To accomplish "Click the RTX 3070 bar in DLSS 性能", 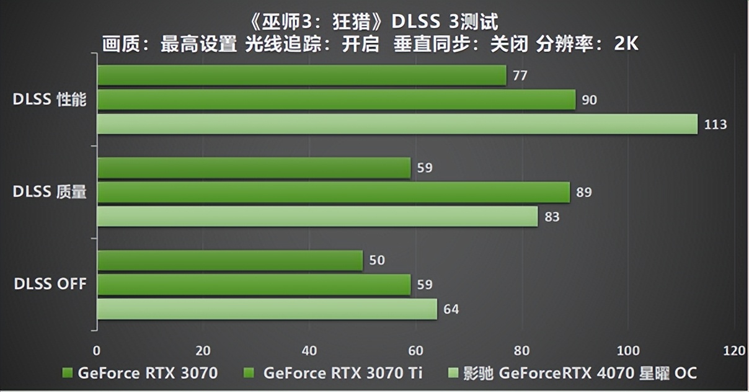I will coord(301,76).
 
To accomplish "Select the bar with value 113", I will coord(397,124).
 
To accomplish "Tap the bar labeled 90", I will coord(336,100).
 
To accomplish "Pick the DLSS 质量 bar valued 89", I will coord(333,192).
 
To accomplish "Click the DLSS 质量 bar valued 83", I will coord(317,216).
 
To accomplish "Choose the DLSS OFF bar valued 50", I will coord(229,261).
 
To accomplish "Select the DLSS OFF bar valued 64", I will coord(267,309).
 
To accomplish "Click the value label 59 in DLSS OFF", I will coord(425,285).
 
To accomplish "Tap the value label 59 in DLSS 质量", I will coord(425,168).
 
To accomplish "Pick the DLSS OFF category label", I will coord(50,285).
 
